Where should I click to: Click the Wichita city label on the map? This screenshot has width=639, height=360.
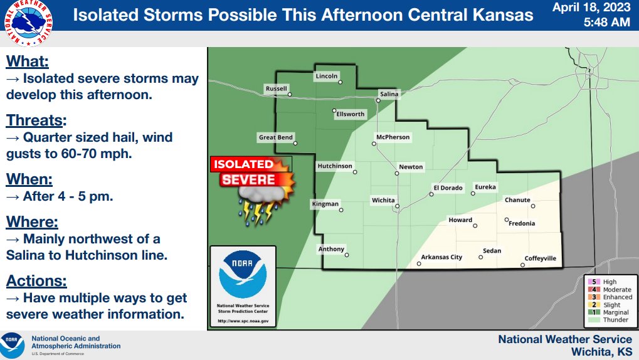pyautogui.click(x=383, y=200)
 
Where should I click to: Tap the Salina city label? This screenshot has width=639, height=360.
pyautogui.click(x=389, y=94)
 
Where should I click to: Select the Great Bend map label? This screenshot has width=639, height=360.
pyautogui.click(x=276, y=137)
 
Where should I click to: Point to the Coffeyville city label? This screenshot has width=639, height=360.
pyautogui.click(x=540, y=258)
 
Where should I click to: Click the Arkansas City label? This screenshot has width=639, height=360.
pyautogui.click(x=441, y=257)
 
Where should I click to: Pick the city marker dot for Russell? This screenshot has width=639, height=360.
pyautogui.click(x=290, y=95)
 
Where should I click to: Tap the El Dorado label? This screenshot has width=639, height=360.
pyautogui.click(x=448, y=188)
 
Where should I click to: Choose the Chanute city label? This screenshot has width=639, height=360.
pyautogui.click(x=517, y=200)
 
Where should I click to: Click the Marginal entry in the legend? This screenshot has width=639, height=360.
pyautogui.click(x=608, y=312)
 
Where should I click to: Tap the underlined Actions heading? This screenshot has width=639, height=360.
pyautogui.click(x=36, y=281)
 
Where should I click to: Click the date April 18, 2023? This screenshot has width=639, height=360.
pyautogui.click(x=591, y=9)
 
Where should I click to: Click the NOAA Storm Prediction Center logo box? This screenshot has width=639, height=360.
pyautogui.click(x=243, y=286)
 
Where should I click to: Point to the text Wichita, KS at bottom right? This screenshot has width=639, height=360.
pyautogui.click(x=601, y=351)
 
